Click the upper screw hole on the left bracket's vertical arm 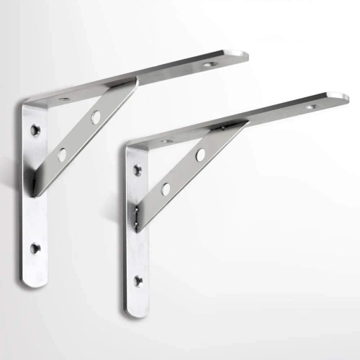[x=35, y=130]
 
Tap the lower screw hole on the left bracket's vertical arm [x=35, y=248]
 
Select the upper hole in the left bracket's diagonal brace [x=95, y=117]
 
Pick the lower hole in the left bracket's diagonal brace [x=62, y=154]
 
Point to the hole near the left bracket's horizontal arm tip [x=209, y=64]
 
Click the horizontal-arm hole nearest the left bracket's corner [x=64, y=99]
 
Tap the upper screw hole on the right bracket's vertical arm [x=138, y=170]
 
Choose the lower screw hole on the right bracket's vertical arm [x=138, y=280]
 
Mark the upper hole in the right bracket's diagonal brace [x=199, y=154]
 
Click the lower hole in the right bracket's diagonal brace [x=166, y=189]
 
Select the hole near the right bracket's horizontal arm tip [x=311, y=107]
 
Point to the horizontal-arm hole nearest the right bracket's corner [x=166, y=141]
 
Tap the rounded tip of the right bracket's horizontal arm [x=345, y=96]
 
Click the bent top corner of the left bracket [x=27, y=105]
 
